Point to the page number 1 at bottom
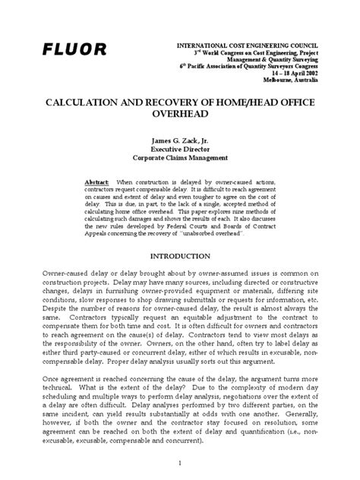[x=180, y=461]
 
